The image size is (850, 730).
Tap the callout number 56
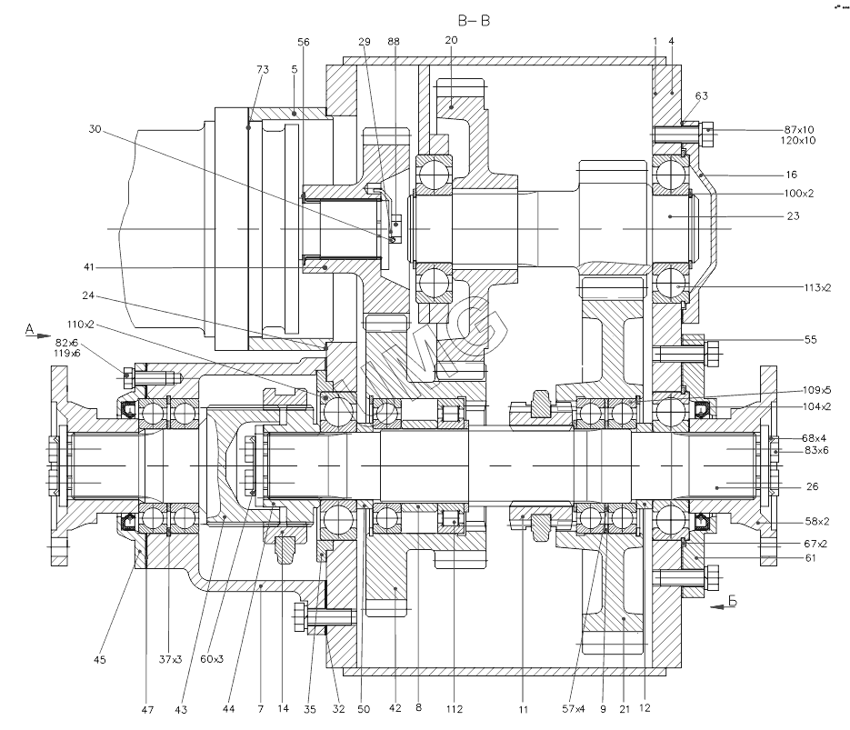304,42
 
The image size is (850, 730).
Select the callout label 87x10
800,129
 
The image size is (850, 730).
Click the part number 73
263,69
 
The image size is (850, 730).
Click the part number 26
812,486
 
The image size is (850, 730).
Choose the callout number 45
100,659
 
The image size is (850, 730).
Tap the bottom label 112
455,709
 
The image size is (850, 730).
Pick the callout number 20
453,41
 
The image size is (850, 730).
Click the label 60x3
213,659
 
